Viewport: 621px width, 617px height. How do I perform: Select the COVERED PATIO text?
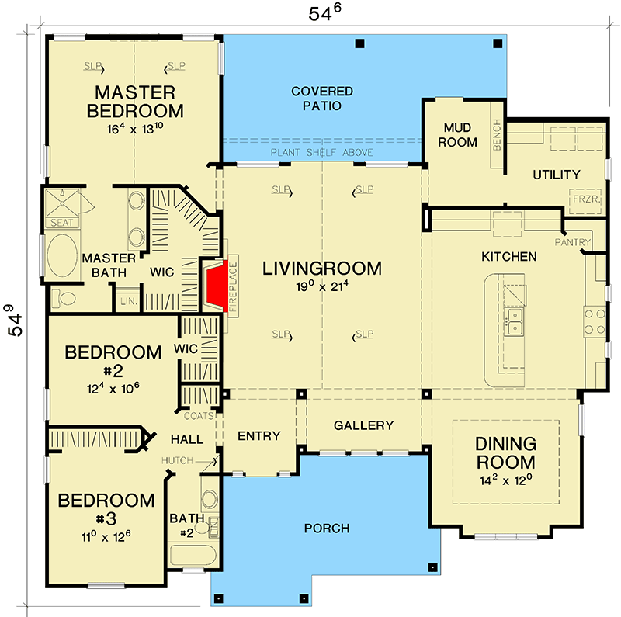pos(322,99)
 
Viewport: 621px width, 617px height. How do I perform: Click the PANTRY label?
pos(574,243)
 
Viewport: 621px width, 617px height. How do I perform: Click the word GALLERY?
pos(364,426)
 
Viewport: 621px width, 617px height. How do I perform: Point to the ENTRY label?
pos(258,436)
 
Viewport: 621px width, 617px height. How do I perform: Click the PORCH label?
pos(327,529)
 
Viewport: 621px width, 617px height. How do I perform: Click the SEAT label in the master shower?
pos(59,223)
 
